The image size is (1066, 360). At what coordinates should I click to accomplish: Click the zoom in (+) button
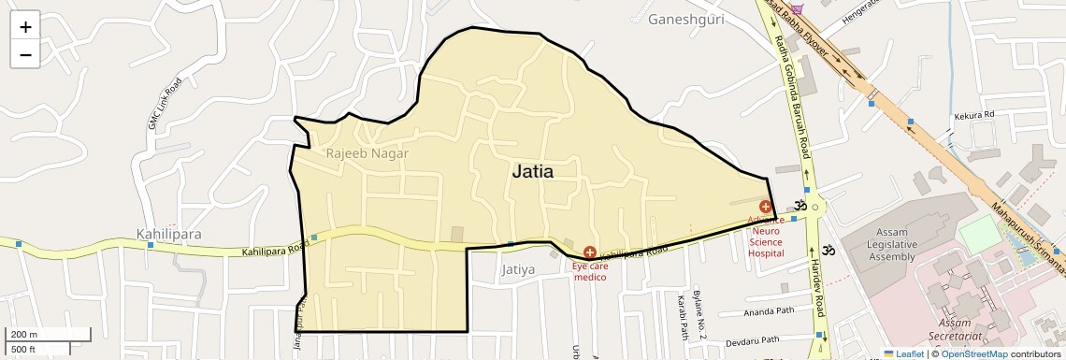(x=25, y=27)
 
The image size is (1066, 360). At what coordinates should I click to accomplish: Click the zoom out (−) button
(x=25, y=54)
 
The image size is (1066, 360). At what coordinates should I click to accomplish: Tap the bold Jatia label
(x=532, y=172)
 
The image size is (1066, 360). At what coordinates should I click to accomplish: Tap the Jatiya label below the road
(x=517, y=270)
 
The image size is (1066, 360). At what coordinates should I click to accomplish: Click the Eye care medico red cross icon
(x=590, y=252)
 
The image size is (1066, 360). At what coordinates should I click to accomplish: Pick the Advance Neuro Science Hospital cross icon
(x=766, y=207)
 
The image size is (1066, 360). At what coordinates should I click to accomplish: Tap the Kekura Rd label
(x=972, y=115)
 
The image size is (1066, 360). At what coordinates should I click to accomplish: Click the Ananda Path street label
(x=768, y=312)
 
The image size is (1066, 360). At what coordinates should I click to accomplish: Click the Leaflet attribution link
(x=903, y=353)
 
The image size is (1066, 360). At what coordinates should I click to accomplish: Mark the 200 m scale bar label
(x=24, y=334)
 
